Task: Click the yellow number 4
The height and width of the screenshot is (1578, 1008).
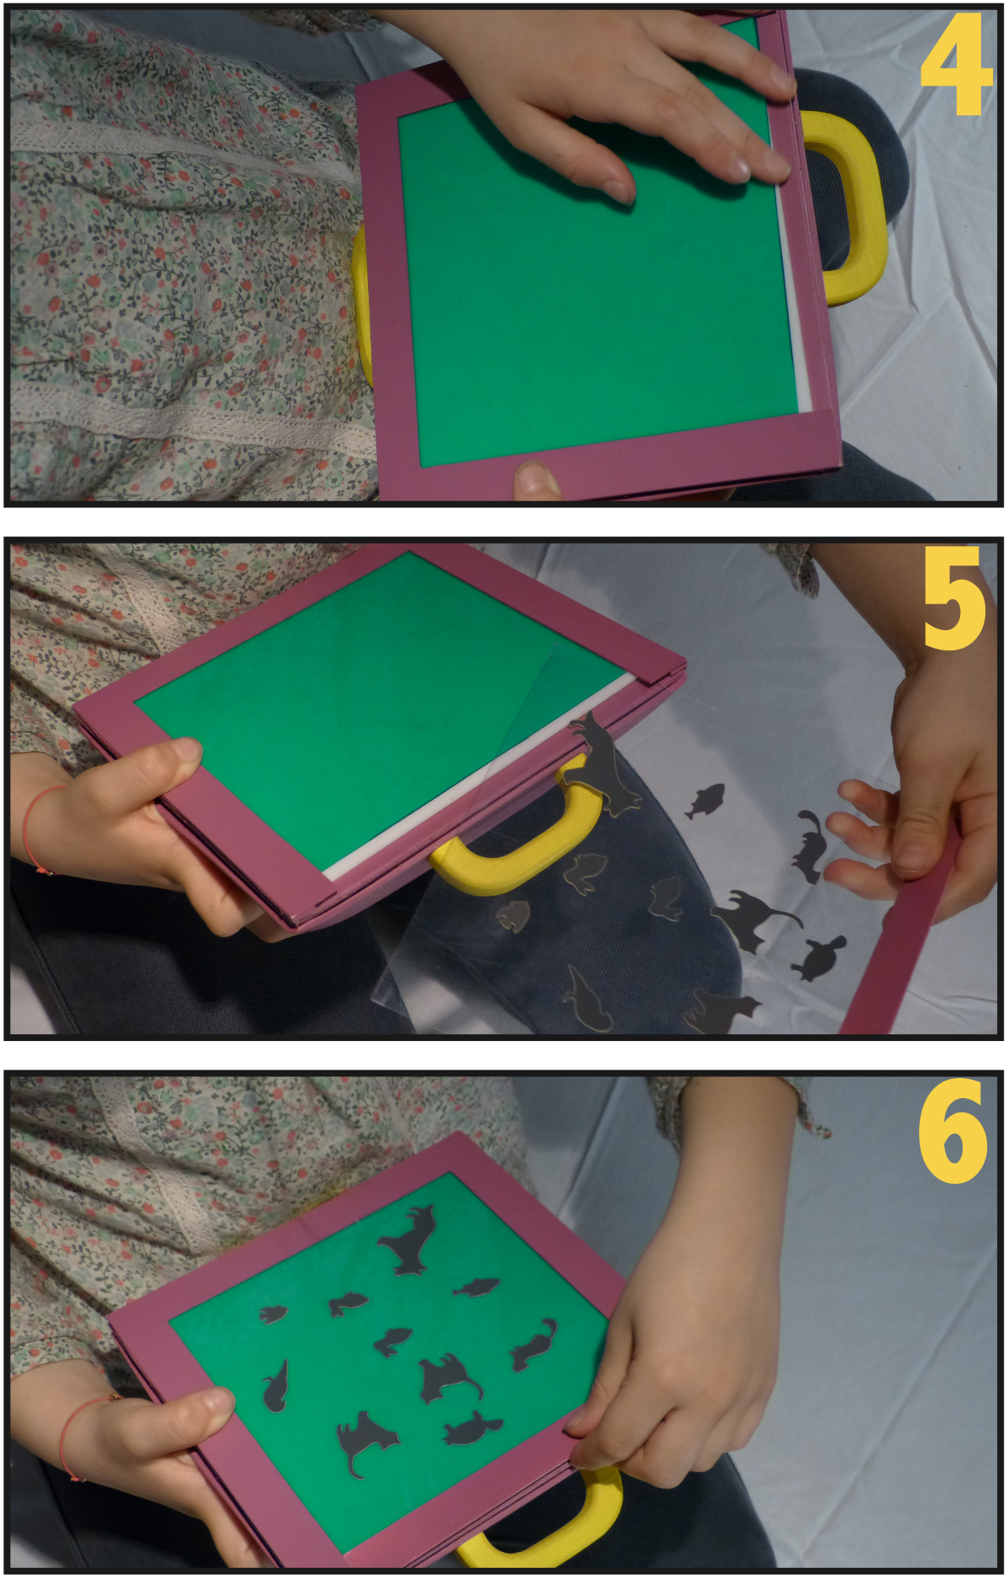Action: [956, 65]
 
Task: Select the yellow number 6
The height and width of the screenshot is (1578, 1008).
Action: [953, 1131]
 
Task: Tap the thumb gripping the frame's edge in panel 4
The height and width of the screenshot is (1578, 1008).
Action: [537, 480]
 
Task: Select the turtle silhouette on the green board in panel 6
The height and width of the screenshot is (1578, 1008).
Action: [470, 1428]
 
